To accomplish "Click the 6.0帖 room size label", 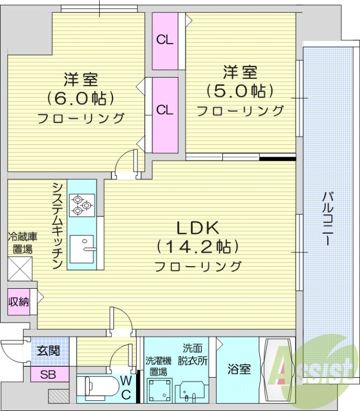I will pyautogui.click(x=81, y=98).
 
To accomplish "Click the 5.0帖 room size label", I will pyautogui.click(x=240, y=90).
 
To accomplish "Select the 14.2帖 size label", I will pyautogui.click(x=198, y=247).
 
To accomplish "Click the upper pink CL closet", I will pyautogui.click(x=165, y=41).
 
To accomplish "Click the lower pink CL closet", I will pyautogui.click(x=165, y=110).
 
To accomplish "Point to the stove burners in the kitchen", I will pyautogui.click(x=81, y=203).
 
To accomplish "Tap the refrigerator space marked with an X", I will pyautogui.click(x=20, y=268).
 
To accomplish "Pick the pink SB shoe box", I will pyautogui.click(x=49, y=375).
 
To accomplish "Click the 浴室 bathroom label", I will pyautogui.click(x=239, y=369).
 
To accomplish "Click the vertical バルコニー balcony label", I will pyautogui.click(x=327, y=218).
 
